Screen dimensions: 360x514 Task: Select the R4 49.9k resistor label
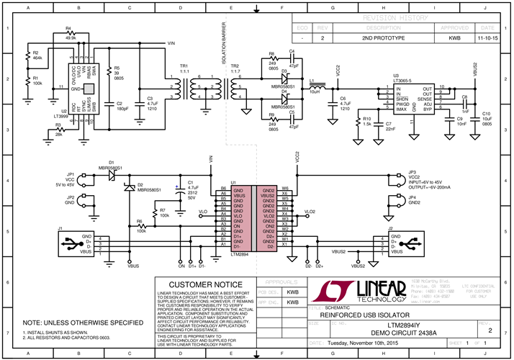point(70,34)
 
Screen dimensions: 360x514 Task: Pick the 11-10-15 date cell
point(487,37)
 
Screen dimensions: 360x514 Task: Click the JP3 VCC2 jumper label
point(414,175)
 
